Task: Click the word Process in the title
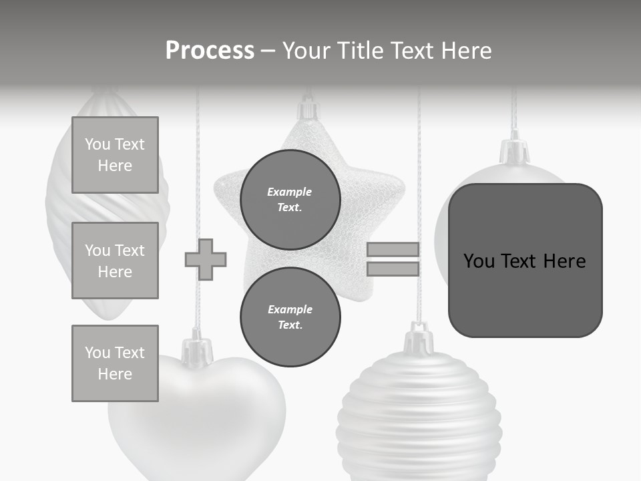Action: coord(210,51)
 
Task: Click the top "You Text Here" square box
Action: coord(115,155)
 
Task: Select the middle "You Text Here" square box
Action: coord(115,261)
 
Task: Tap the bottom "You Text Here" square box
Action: coord(115,363)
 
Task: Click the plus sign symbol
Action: coord(206,259)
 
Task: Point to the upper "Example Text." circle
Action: coord(290,199)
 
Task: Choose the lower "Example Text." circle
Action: coord(290,317)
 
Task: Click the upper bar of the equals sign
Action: coord(393,249)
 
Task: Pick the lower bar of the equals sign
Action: coord(393,269)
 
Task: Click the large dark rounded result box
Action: coord(525,261)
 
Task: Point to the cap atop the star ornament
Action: coord(307,110)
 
